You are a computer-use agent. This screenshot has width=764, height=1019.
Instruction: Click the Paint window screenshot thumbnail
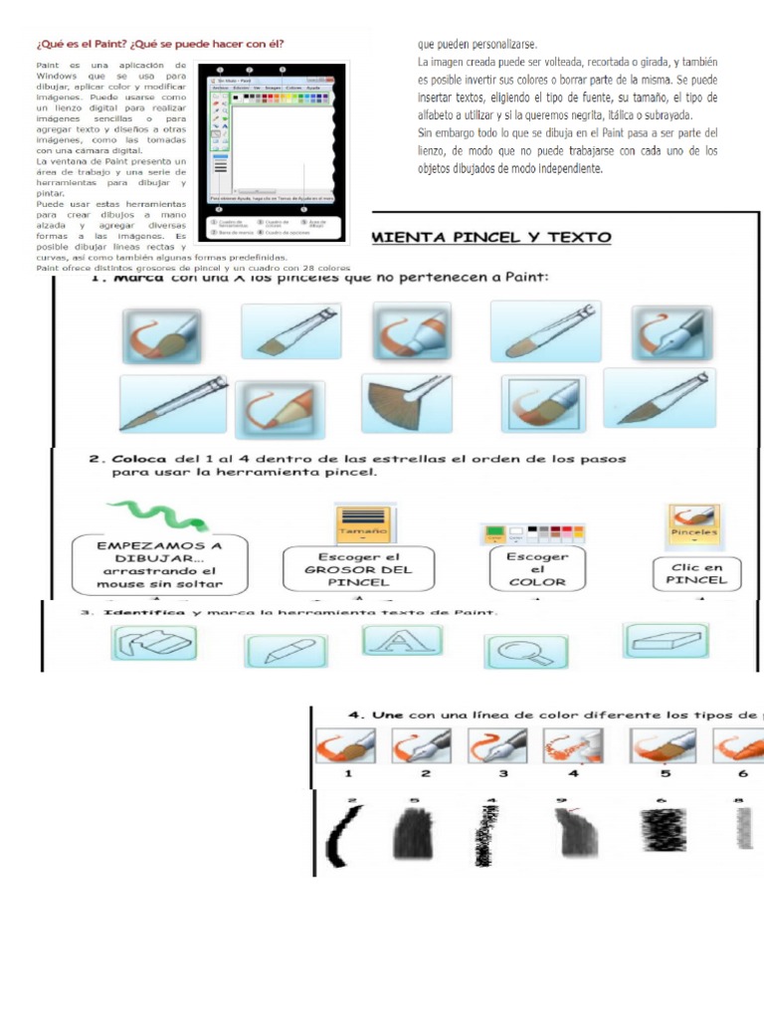tap(272, 153)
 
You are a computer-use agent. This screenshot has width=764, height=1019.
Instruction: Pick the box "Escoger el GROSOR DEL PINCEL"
tap(358, 569)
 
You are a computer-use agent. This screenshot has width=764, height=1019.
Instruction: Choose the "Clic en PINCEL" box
tap(696, 573)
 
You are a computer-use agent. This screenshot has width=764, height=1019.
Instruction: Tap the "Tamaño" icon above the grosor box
tap(366, 523)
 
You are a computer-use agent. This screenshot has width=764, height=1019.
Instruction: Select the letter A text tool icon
tap(400, 641)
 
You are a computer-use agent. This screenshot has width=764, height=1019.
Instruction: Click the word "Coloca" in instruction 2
tap(136, 459)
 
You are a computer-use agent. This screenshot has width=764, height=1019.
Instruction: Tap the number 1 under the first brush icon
tap(348, 772)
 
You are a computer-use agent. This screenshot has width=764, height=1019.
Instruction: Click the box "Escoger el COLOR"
tap(537, 569)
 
